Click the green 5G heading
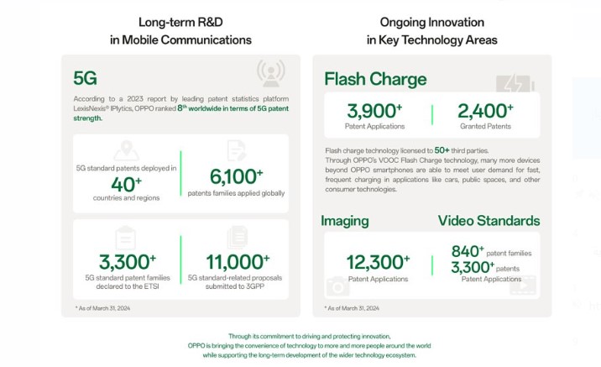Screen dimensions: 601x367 [85, 78]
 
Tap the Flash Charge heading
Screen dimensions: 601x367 [375, 79]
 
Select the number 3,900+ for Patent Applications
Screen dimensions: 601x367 [374, 111]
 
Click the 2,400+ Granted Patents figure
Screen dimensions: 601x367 [485, 111]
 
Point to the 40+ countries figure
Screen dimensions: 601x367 [126, 185]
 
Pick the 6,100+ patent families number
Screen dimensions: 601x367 [236, 177]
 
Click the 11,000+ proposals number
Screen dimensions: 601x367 [238, 262]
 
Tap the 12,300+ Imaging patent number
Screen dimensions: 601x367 [378, 263]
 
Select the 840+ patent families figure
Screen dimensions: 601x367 [468, 252]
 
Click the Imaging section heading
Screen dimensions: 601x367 [345, 221]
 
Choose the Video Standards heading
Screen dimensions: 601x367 [489, 221]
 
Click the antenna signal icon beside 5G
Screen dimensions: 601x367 [271, 73]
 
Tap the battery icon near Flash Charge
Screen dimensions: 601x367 [515, 84]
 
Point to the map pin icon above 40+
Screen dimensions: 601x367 [127, 150]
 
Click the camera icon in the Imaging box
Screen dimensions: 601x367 [337, 286]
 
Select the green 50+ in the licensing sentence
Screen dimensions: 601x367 [442, 150]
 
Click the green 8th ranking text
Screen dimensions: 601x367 [182, 107]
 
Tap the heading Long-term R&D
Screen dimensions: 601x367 [180, 22]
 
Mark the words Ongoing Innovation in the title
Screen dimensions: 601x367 [432, 23]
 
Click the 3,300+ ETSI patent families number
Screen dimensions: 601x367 [128, 262]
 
